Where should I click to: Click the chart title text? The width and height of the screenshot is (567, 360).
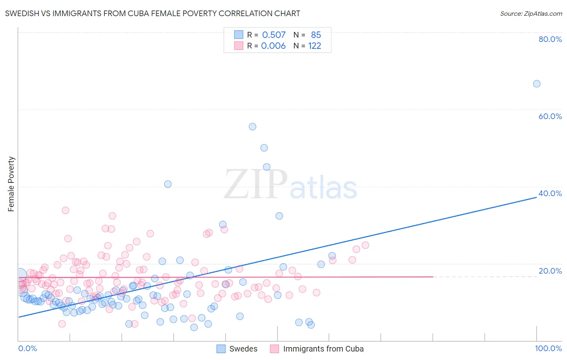click(152, 13)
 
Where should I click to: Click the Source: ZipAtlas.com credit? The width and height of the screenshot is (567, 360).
click(531, 13)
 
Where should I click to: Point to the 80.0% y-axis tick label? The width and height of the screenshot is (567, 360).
click(550, 39)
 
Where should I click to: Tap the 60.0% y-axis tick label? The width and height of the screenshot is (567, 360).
click(550, 116)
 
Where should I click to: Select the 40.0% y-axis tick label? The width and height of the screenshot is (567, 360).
click(550, 193)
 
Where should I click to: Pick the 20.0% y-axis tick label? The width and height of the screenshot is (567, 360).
click(550, 271)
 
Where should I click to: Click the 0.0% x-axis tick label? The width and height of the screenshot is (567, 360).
click(27, 348)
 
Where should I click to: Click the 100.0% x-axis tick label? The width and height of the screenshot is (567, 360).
click(548, 348)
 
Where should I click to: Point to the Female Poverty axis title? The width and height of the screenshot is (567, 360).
click(11, 184)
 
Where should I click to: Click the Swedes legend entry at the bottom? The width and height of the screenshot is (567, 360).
click(237, 349)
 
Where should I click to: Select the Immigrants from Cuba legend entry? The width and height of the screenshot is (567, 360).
click(317, 349)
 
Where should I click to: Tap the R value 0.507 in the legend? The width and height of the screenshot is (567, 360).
click(274, 35)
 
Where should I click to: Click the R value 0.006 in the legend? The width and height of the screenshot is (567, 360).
click(273, 46)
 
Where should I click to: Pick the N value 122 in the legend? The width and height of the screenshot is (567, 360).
click(315, 46)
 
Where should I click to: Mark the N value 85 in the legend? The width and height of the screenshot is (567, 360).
click(316, 35)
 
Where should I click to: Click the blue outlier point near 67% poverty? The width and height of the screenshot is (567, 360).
click(536, 84)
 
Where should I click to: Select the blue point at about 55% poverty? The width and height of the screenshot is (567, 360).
click(252, 126)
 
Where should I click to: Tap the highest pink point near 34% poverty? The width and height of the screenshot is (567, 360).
click(65, 210)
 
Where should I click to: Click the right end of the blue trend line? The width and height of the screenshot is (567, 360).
click(537, 197)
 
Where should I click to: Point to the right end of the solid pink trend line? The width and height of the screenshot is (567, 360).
click(433, 277)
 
